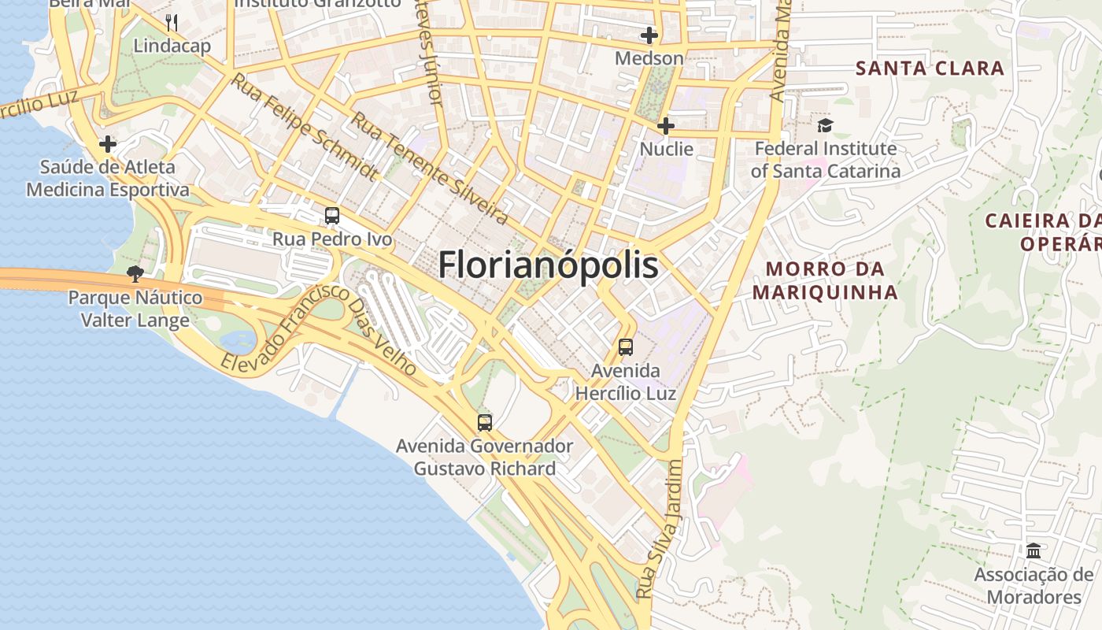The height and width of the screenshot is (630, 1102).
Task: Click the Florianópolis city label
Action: click(x=548, y=265)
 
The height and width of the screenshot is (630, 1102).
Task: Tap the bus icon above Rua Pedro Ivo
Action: click(x=332, y=216)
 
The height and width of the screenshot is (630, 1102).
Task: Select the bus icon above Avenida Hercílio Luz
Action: click(x=626, y=347)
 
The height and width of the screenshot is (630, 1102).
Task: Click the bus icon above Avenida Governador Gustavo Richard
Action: click(x=485, y=423)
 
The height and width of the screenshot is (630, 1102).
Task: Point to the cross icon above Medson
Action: click(x=649, y=35)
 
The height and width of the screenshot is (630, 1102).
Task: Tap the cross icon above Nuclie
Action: click(x=666, y=126)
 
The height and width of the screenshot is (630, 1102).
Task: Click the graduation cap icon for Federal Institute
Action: click(x=825, y=125)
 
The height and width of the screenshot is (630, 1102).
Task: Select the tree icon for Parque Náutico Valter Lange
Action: click(x=135, y=274)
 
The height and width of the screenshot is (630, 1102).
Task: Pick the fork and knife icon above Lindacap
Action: click(x=172, y=22)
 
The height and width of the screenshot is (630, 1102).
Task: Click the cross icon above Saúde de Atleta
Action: click(x=108, y=144)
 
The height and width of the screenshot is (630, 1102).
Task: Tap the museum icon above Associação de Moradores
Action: click(x=1034, y=550)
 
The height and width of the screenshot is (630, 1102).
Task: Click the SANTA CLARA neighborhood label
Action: click(x=930, y=68)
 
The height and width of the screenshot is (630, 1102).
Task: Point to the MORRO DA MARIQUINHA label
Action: click(x=825, y=280)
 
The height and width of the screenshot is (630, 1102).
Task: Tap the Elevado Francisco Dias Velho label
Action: click(x=320, y=330)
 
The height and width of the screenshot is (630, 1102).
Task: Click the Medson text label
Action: click(x=649, y=58)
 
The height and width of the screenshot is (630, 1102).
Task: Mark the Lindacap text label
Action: click(x=172, y=46)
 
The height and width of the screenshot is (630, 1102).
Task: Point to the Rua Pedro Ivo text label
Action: click(x=332, y=239)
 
